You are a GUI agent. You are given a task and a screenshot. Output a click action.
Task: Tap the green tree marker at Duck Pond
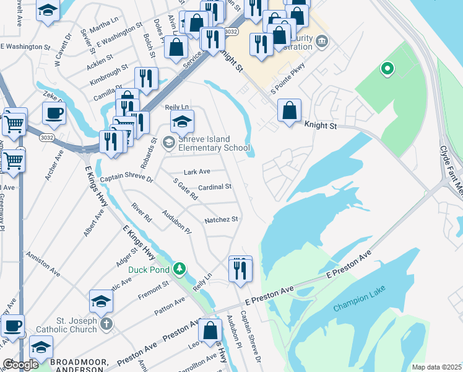point(180,268)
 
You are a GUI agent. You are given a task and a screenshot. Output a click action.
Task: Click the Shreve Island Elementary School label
point(213,143)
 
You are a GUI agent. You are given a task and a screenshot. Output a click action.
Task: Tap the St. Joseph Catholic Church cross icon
point(106,323)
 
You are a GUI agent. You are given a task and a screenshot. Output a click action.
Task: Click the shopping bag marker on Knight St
point(289,112)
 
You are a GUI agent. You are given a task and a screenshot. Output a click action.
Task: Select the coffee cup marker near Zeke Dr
point(54,113)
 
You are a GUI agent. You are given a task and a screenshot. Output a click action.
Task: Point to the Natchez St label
point(221,219)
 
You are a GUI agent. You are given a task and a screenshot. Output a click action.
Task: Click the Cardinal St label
point(215,187)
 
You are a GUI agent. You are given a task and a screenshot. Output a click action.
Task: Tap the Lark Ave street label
point(197,172)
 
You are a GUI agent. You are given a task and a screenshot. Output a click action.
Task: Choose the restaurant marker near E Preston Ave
point(240,270)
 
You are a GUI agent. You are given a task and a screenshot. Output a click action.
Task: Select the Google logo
point(20,364)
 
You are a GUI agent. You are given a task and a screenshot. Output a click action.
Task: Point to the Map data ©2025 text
point(436,367)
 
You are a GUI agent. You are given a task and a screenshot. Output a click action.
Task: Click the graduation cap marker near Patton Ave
point(101,302)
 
